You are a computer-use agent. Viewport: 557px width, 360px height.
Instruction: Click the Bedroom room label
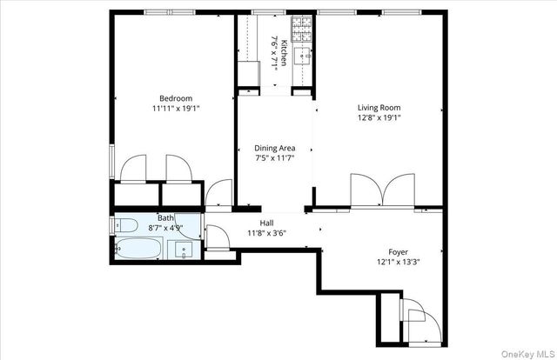(x=176, y=97)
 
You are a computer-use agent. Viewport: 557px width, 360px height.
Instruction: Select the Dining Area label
(x=275, y=148)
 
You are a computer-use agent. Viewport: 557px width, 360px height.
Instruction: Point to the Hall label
(x=255, y=223)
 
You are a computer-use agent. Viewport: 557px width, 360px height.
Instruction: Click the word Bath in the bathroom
(x=165, y=217)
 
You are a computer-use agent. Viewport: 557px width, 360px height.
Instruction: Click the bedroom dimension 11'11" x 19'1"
(x=176, y=110)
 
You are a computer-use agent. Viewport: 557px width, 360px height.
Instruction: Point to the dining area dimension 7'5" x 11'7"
(x=275, y=159)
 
